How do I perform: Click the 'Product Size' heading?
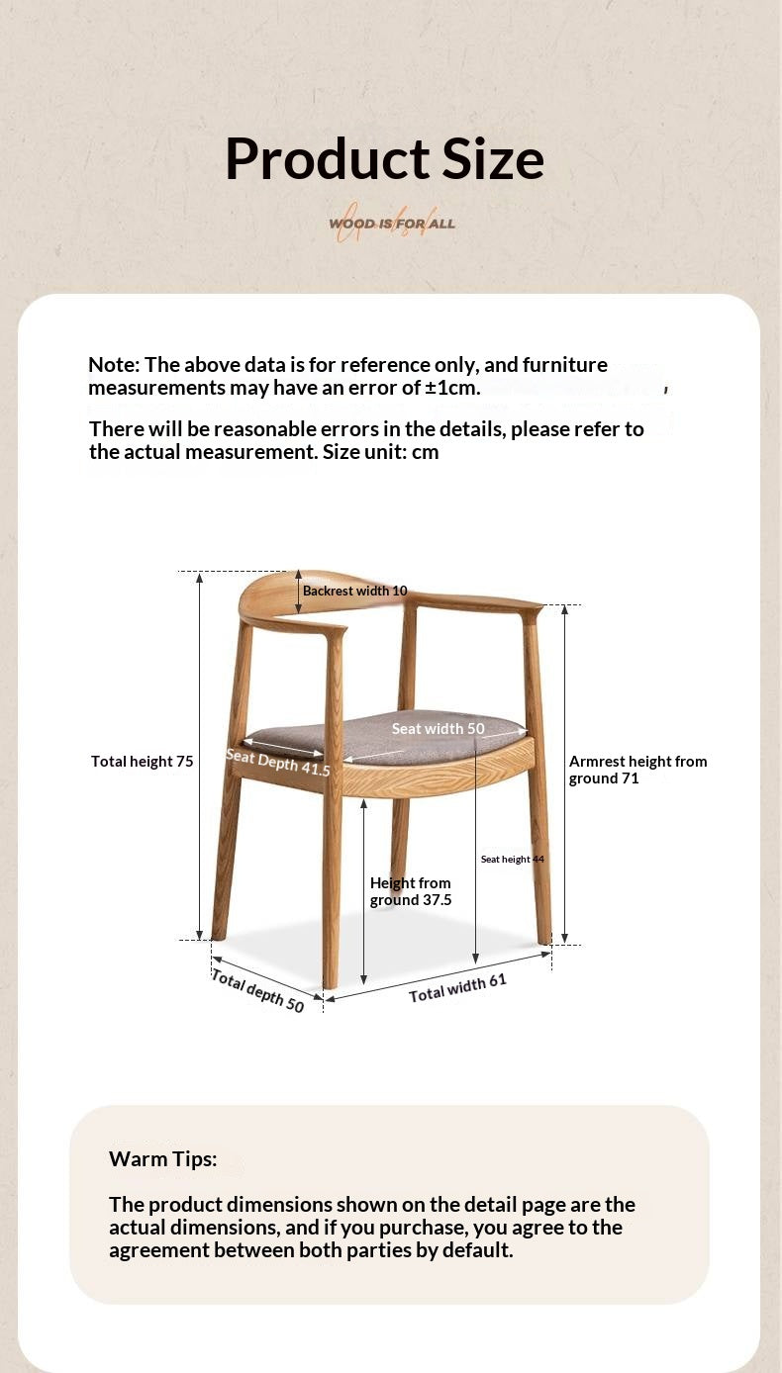384,159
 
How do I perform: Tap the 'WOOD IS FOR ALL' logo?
392,224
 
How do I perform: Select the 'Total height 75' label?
142,762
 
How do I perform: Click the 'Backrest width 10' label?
354,591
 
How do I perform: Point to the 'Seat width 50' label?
438,729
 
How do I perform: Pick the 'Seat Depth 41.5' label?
278,762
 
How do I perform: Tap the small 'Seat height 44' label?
512,859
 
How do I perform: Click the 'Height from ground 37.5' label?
411,891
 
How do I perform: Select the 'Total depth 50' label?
257,989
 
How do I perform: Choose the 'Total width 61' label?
457,987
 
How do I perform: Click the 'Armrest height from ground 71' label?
637,770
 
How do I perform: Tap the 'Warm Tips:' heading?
162,1159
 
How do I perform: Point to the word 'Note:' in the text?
114,365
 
